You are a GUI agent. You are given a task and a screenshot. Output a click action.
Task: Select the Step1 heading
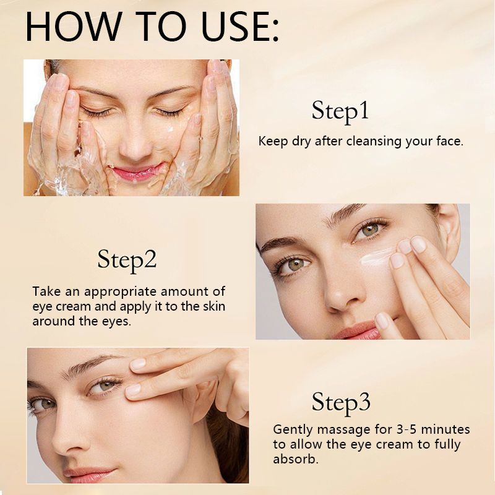tap(340, 111)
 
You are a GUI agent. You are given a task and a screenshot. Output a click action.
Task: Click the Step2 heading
tap(127, 260)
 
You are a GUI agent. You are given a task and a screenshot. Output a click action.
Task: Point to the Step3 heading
tap(341, 403)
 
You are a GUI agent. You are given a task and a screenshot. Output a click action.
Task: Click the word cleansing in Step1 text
tap(367, 141)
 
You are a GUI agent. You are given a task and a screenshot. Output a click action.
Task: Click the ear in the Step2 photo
tap(448, 223)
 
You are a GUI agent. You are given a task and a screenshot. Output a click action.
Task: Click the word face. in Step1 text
tap(449, 141)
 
